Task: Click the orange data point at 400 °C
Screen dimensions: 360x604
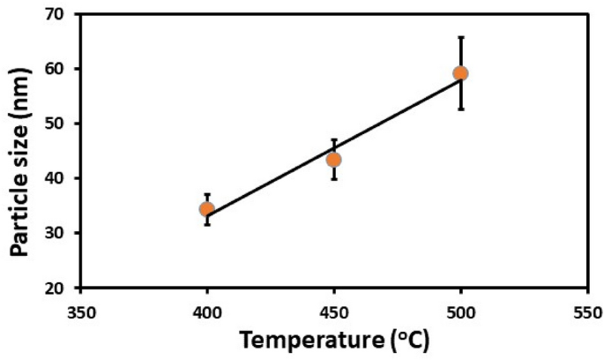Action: coord(206,209)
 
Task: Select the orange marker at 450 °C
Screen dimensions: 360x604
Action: coord(333,160)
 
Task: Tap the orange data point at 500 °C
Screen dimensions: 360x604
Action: coord(460,73)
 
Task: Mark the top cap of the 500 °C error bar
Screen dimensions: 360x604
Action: coord(460,37)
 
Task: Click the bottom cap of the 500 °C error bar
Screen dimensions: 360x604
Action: coord(460,109)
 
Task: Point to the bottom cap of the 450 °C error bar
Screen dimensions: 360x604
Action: coord(333,179)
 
